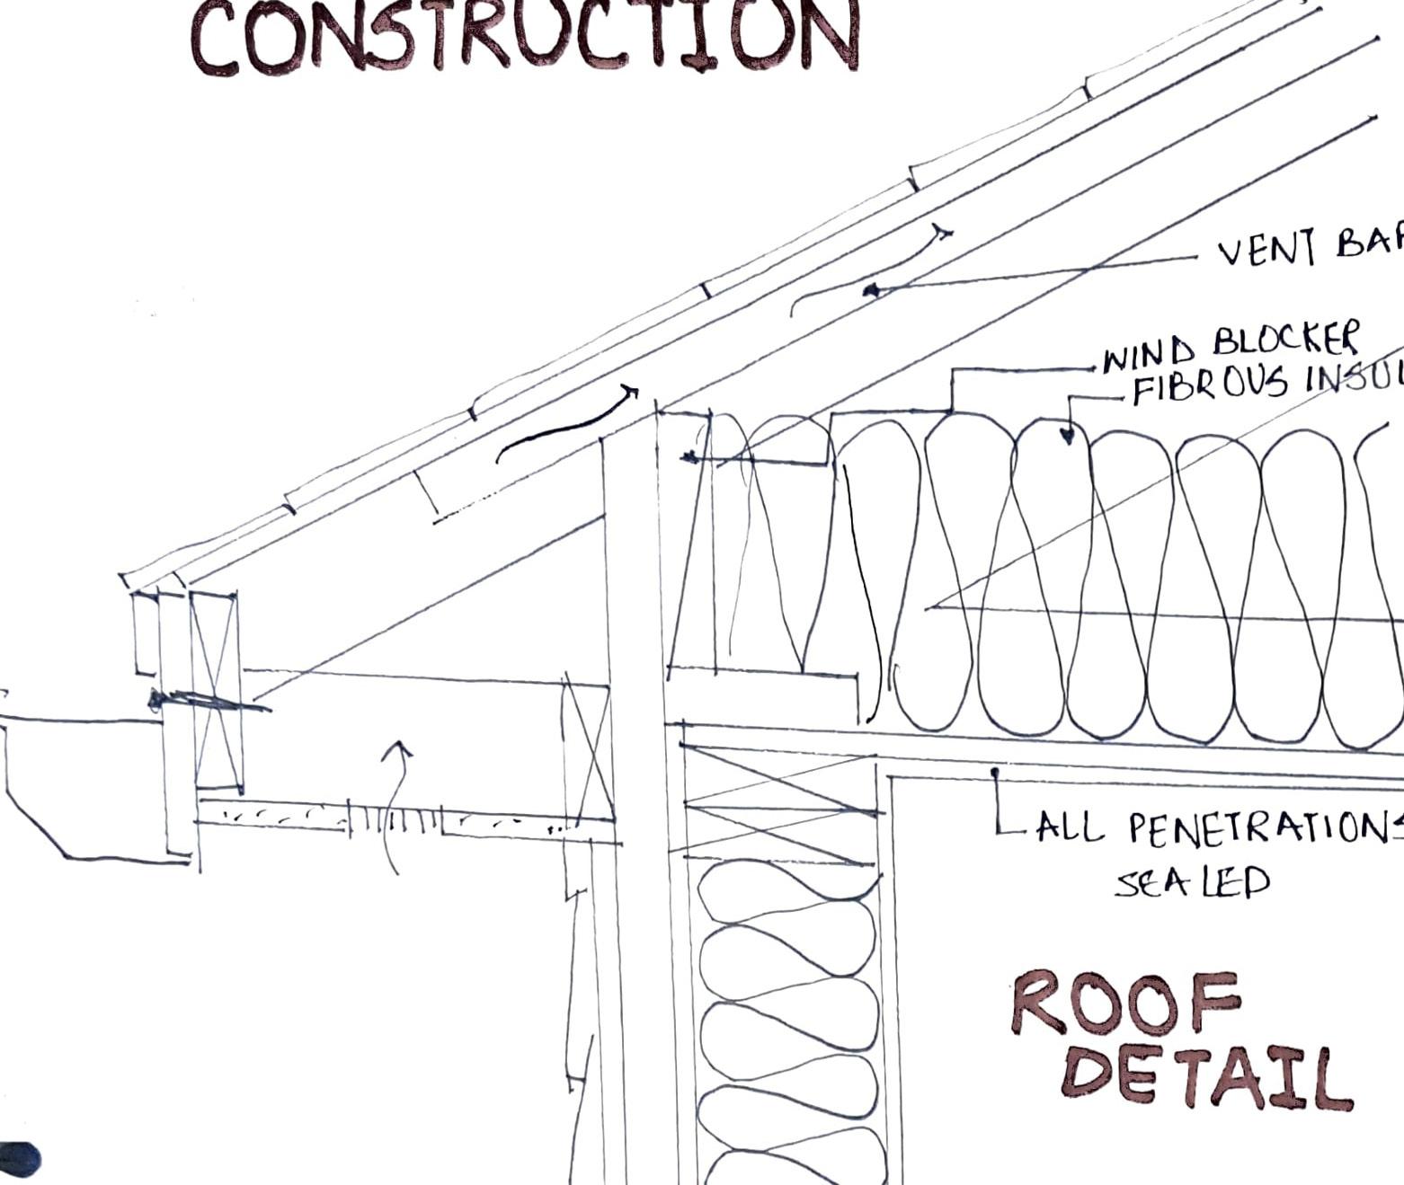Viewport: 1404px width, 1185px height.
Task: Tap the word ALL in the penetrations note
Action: (x=1070, y=827)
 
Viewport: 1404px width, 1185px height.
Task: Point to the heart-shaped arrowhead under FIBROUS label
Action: (x=1067, y=436)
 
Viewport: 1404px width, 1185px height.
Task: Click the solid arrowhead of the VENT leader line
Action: (x=870, y=289)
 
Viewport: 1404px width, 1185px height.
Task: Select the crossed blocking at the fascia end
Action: (x=217, y=690)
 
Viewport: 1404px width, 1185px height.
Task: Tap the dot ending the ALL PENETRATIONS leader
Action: (x=995, y=771)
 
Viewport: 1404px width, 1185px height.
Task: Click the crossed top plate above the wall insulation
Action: (x=778, y=802)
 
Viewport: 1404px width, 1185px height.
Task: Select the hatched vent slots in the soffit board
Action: (x=395, y=819)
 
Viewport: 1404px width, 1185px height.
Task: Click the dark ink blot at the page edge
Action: (x=18, y=1159)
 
